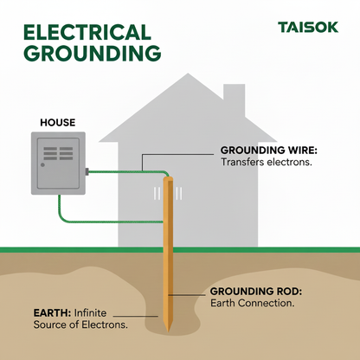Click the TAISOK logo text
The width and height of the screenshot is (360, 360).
(x=309, y=26)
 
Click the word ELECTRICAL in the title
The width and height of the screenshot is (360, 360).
(x=87, y=32)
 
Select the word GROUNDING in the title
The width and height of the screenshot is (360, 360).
(x=91, y=54)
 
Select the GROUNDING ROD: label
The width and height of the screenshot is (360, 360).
(x=256, y=291)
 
